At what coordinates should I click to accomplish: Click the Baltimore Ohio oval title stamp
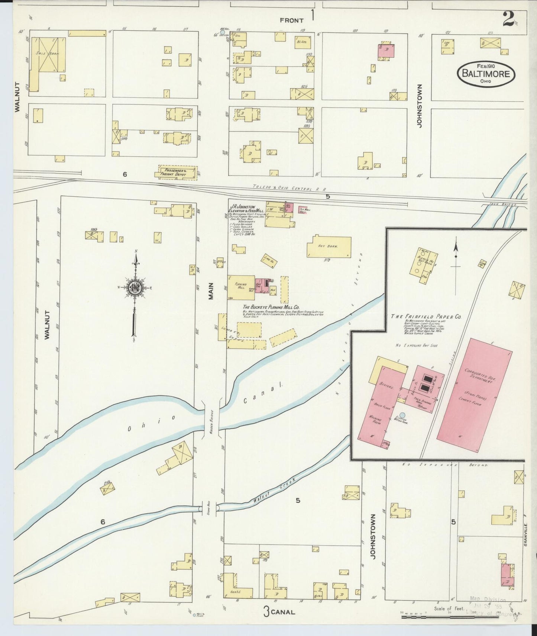coord(485,74)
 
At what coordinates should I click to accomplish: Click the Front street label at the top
coord(291,20)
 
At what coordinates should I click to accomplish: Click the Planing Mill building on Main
coord(241,287)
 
